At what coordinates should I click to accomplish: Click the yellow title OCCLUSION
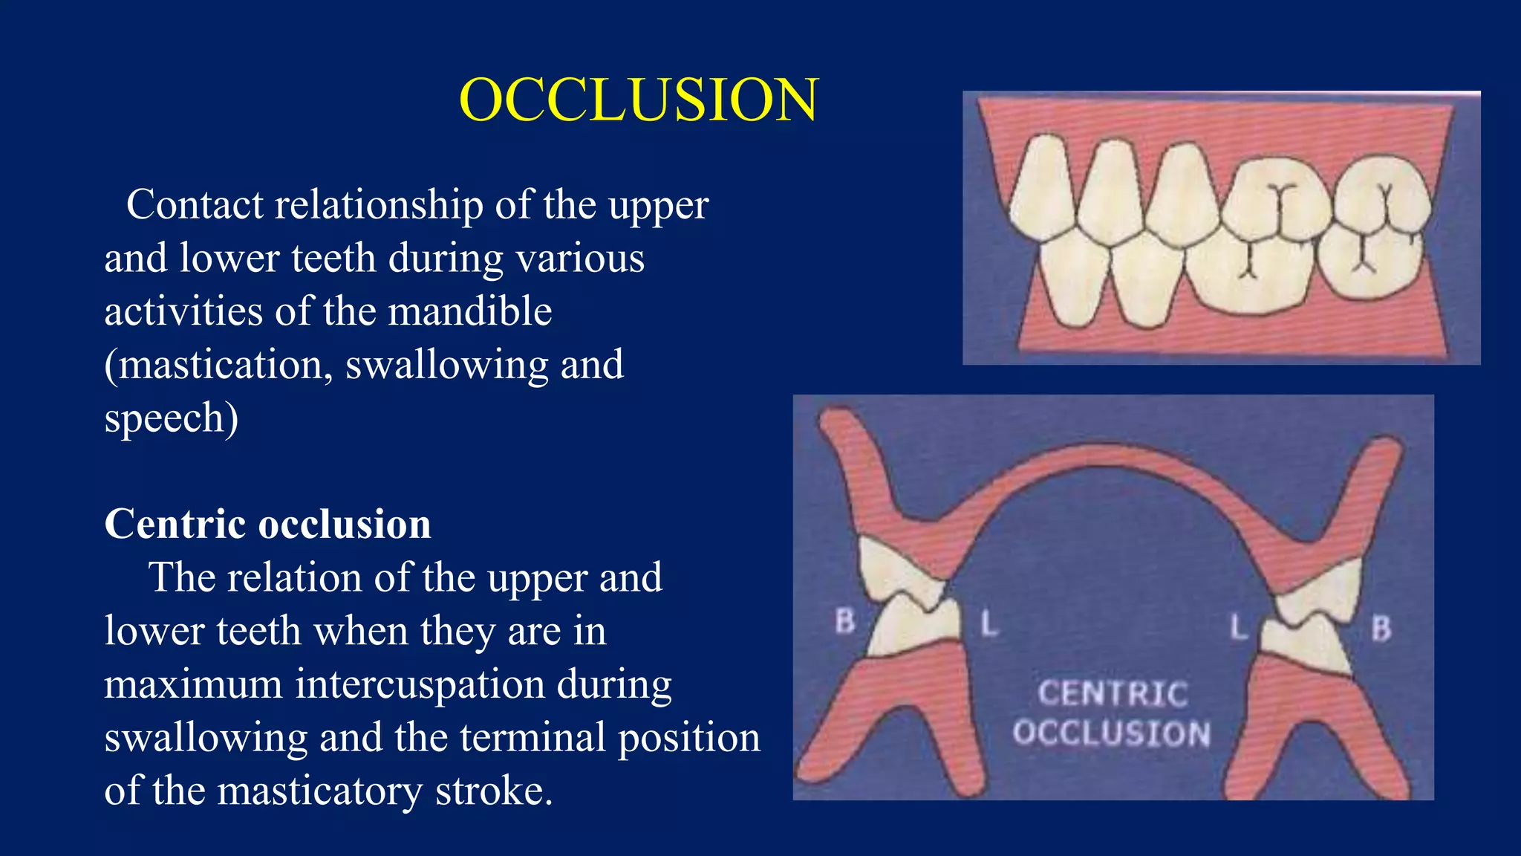coord(639,100)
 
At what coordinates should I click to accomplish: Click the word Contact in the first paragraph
coord(195,205)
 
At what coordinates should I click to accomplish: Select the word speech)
coord(172,418)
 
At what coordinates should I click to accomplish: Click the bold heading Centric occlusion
coord(267,525)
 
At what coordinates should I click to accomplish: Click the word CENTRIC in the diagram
coord(1113,694)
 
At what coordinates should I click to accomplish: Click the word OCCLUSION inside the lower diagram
coord(1112,733)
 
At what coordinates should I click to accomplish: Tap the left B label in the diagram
coord(845,621)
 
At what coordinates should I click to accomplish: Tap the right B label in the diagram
coord(1381,629)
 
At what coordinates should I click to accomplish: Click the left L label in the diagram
coord(989,623)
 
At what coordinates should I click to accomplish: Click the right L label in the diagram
coord(1238,627)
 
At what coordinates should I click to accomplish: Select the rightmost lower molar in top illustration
coord(1369,264)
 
